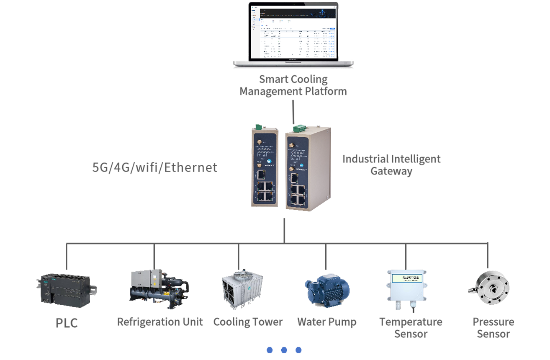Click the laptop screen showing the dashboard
[293, 33]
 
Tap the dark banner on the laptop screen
[298, 13]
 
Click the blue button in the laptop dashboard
[332, 28]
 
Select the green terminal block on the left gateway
[260, 126]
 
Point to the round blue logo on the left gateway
[270, 161]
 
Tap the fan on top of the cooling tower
[240, 273]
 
